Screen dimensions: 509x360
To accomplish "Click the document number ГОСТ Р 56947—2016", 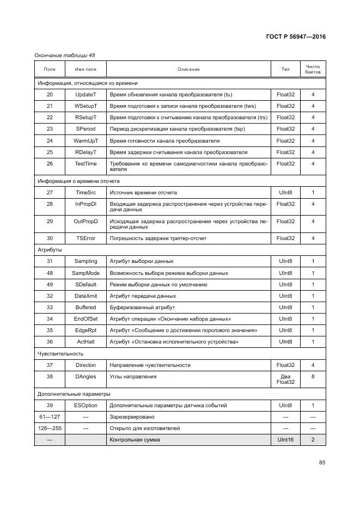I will pos(296,38).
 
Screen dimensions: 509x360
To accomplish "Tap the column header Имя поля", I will pos(86,69).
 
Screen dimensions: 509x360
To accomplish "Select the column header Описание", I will pos(188,69).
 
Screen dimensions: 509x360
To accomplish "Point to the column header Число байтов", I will pos(313,69).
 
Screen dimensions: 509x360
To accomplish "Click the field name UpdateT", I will pos(86,95).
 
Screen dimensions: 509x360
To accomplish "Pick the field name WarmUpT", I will pos(86,141).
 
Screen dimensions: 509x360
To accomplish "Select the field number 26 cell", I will pos(50,164).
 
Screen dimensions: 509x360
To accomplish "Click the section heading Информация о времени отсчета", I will pos(78,181).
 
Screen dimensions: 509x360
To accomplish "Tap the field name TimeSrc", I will pos(86,193).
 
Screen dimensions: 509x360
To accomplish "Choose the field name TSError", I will pos(86,238).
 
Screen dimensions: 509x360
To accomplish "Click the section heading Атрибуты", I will pos(50,250).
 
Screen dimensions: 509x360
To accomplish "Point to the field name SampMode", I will pos(86,273).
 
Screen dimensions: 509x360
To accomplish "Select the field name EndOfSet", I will pos(86,319).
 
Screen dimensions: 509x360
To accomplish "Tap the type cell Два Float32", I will pos(285,379).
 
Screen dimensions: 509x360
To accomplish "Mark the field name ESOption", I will pos(86,406).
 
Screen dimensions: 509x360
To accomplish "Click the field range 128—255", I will pos(50,428).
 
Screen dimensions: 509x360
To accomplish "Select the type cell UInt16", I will pos(285,440).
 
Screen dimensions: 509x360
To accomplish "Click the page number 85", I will pos(322,463).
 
